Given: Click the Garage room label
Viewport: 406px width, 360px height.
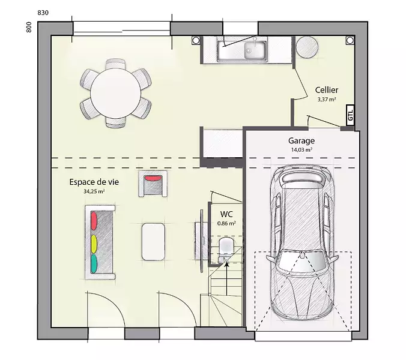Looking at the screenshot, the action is coord(301,140).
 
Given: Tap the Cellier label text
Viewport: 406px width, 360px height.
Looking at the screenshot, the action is coord(327,90).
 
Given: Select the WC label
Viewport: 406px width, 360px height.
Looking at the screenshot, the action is coord(226,214).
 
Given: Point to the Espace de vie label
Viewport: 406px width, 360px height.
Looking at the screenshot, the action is coord(94,182).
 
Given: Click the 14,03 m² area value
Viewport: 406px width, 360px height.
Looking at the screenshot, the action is coord(301,149).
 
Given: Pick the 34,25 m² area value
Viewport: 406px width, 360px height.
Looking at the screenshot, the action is coord(94,191).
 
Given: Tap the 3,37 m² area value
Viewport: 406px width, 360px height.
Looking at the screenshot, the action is coord(327,100).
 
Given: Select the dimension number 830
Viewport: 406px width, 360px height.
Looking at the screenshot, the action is coord(43,13).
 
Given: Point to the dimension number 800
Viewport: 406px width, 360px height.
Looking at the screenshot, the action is coord(29,27).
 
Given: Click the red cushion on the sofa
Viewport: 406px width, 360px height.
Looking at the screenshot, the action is coord(94,221).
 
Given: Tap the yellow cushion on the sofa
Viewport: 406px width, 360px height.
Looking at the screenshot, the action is coord(94,244).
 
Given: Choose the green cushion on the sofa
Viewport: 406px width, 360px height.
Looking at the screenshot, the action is coord(94,264).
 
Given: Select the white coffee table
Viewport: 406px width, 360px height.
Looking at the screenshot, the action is coord(153,242).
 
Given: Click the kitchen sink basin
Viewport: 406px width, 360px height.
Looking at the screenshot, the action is coord(255,50).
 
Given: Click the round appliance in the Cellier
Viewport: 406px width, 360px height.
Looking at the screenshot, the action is coord(307,47).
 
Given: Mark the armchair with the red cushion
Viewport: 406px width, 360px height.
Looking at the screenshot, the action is coord(153,184).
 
